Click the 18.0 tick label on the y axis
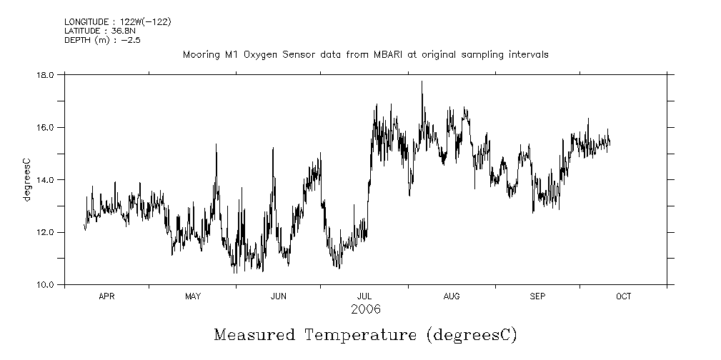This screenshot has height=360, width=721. [x=45, y=74]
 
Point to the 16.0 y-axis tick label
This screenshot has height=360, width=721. [x=45, y=127]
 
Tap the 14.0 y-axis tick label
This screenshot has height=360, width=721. [x=45, y=179]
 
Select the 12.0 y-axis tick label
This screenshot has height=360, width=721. [x=45, y=232]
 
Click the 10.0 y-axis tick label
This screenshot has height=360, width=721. [x=45, y=284]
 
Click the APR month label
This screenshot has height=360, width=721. [x=106, y=296]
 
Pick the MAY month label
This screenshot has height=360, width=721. [x=193, y=296]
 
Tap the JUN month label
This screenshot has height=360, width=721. [x=279, y=296]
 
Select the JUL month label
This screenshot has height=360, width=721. [x=364, y=296]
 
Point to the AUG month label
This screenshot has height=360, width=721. [x=452, y=296]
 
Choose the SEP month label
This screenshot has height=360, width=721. [x=538, y=296]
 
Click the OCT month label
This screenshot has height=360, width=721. [x=624, y=296]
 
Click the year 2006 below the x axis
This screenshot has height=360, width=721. [x=366, y=309]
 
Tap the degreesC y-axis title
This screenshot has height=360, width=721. [x=27, y=179]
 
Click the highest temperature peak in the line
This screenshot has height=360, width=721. [x=422, y=82]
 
